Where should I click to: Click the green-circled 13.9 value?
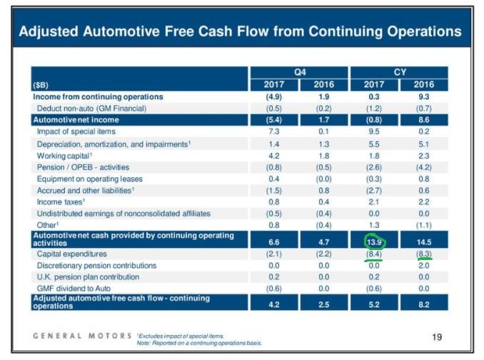click(374, 242)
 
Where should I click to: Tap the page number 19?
click(437, 337)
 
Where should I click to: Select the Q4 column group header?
click(300, 72)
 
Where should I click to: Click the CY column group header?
click(400, 72)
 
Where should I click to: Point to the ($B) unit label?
click(41, 85)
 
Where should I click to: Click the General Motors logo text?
click(82, 336)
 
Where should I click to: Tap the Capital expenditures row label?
click(71, 254)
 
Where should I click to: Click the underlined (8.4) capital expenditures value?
click(374, 254)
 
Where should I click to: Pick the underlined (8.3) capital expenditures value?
click(424, 254)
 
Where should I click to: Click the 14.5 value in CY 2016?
click(424, 242)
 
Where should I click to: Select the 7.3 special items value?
click(274, 131)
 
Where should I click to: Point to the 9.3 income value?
click(424, 96)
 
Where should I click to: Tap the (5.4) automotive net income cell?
click(274, 120)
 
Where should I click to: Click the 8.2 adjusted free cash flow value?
click(424, 305)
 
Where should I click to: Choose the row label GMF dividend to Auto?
click(74, 289)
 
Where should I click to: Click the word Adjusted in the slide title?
click(49, 31)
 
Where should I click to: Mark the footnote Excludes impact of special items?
click(181, 336)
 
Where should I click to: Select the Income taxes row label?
click(61, 202)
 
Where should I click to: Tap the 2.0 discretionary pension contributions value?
click(424, 266)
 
